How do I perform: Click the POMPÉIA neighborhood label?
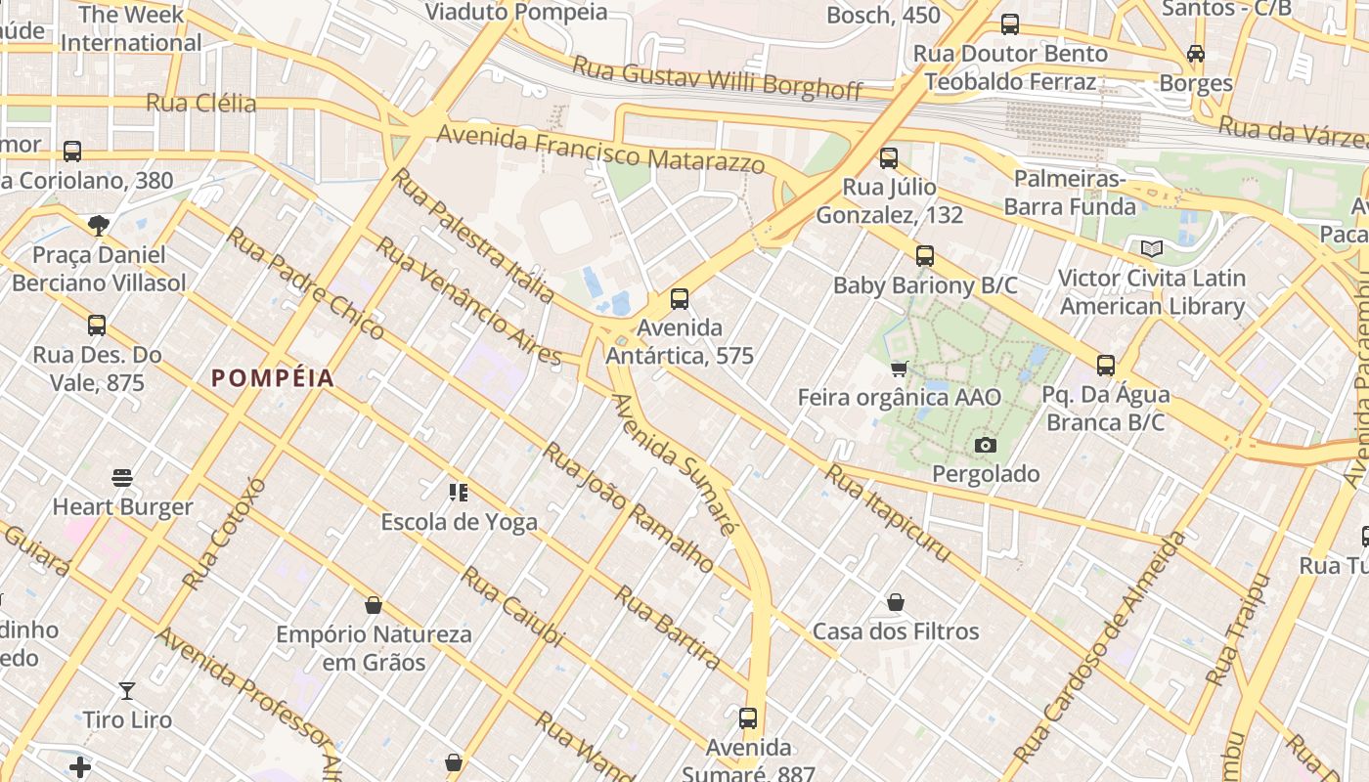click(273, 378)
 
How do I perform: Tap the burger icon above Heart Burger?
click(122, 478)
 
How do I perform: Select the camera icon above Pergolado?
click(986, 446)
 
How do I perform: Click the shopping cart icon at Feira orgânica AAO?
click(899, 369)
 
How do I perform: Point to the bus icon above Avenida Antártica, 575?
click(680, 299)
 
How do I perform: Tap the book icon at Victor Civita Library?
click(1152, 249)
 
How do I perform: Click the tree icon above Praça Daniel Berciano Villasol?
click(98, 226)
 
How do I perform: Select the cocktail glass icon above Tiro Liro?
click(127, 691)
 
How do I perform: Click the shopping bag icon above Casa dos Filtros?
click(896, 602)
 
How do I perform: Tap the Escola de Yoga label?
click(459, 522)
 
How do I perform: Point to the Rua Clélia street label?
click(200, 104)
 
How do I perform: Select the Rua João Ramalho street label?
click(628, 506)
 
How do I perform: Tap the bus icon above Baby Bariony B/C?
click(925, 256)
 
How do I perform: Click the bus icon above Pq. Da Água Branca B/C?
click(1106, 366)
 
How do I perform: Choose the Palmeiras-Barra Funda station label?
click(1070, 193)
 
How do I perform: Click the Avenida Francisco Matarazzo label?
click(600, 149)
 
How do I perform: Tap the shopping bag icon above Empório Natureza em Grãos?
click(373, 605)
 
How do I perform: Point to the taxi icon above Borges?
click(1196, 54)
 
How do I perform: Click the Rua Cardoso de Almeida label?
click(1100, 647)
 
